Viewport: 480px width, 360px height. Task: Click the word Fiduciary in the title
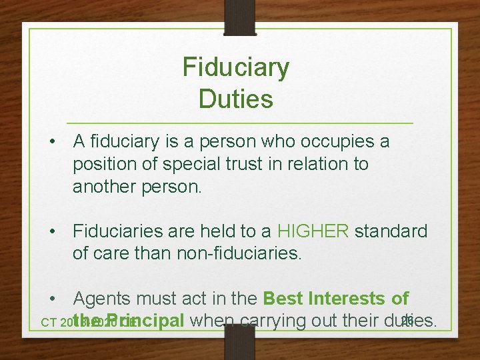(x=236, y=67)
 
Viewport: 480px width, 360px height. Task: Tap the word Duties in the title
(x=236, y=99)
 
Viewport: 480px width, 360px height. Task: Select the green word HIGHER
(x=313, y=231)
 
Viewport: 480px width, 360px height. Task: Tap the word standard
(x=391, y=231)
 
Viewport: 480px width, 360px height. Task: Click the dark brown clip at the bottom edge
(x=240, y=343)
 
